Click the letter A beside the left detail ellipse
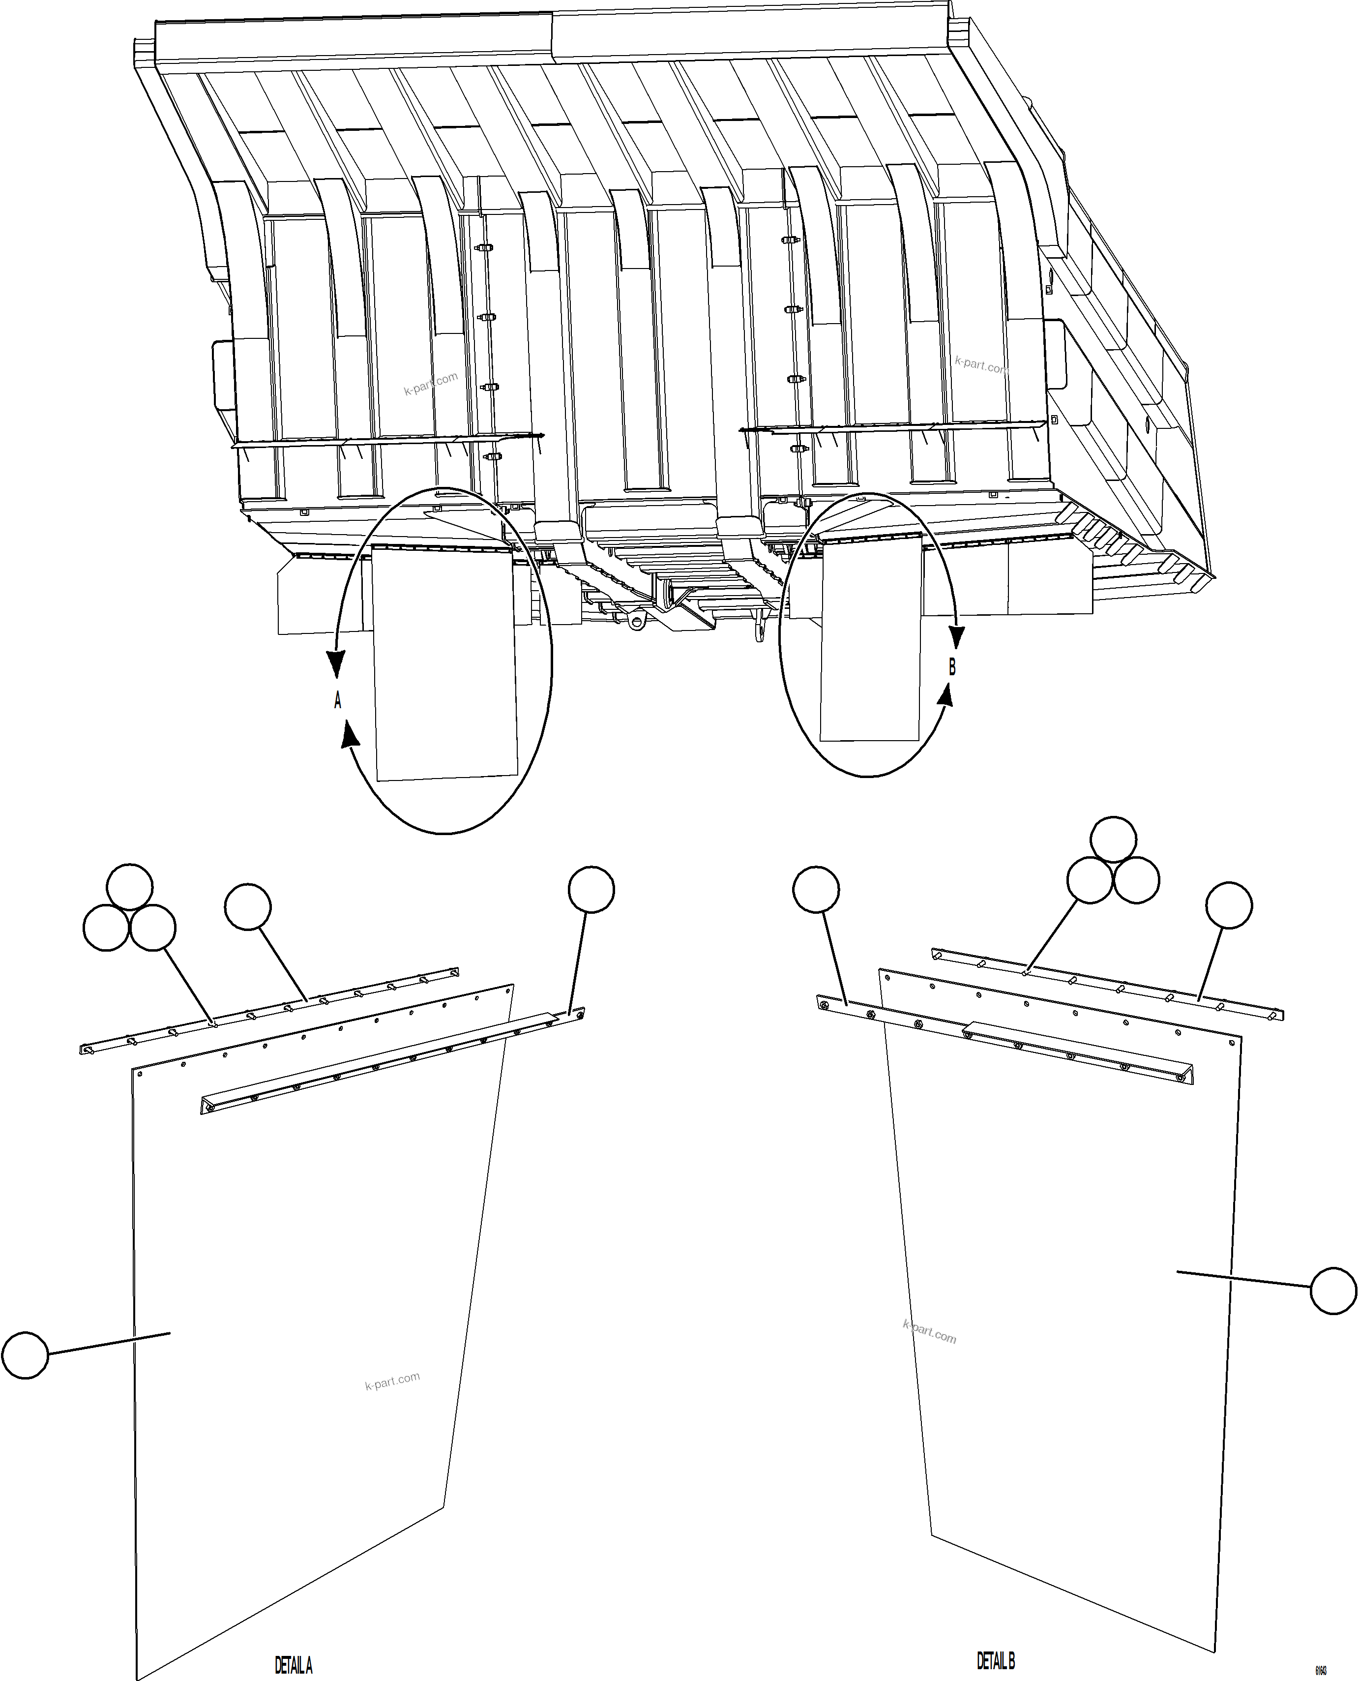(x=337, y=701)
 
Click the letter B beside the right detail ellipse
(x=952, y=666)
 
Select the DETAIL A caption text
(x=294, y=1665)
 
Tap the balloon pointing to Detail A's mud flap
(x=25, y=1355)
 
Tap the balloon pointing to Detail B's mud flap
(x=1333, y=1291)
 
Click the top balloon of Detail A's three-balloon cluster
(x=130, y=887)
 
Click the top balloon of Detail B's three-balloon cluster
(x=1113, y=840)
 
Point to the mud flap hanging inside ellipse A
(x=444, y=665)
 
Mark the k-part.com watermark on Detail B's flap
(x=929, y=1331)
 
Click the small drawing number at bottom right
(x=1321, y=1671)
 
